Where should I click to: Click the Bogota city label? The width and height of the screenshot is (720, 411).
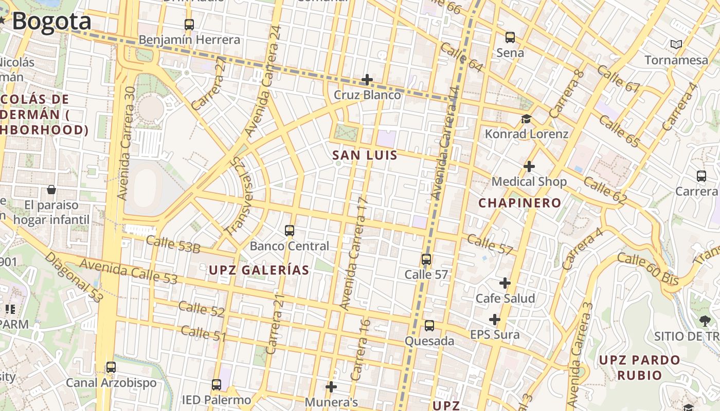[x=51, y=22]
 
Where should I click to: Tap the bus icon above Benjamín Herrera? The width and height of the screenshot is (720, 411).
[x=189, y=24]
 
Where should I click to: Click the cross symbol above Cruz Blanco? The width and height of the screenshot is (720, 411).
[x=367, y=80]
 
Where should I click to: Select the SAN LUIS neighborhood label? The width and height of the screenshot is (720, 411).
[x=365, y=155]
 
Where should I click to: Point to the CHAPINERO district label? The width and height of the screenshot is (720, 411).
[x=519, y=203]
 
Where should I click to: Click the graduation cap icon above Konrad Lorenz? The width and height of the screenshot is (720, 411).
[x=526, y=119]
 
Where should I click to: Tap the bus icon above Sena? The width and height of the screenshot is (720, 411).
[x=510, y=38]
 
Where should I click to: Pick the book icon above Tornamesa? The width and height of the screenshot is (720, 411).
[x=676, y=45]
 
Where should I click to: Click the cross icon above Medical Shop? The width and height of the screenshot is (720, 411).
[x=529, y=166]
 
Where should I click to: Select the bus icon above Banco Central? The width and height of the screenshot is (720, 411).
[x=290, y=231]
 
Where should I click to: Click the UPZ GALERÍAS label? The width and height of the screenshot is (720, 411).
[x=259, y=270]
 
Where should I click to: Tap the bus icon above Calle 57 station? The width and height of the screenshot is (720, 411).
[x=426, y=259]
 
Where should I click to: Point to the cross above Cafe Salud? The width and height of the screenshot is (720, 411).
[x=505, y=283]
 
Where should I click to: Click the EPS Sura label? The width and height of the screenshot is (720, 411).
[x=495, y=335]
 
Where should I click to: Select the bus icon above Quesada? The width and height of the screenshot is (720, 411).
[x=429, y=326]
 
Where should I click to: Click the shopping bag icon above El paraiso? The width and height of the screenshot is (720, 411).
[x=51, y=190]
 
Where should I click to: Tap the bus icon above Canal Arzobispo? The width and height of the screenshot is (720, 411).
[x=111, y=367]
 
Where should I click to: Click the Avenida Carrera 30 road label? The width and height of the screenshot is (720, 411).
[x=126, y=143]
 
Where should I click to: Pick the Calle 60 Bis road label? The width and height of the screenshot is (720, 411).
[x=648, y=269]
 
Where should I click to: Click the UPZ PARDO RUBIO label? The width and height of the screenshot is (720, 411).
[x=639, y=367]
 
